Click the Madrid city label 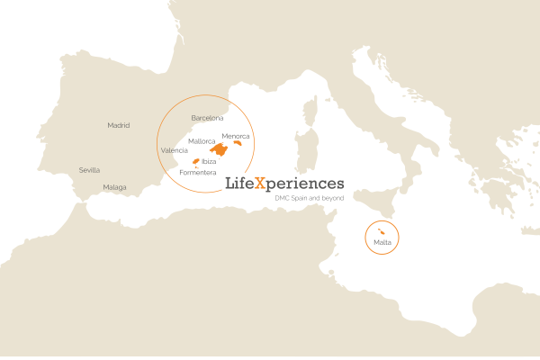click(119, 125)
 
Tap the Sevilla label click(89, 170)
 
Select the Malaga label click(114, 187)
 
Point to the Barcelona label click(208, 118)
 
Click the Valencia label click(174, 150)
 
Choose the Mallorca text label click(202, 141)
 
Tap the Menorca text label click(236, 136)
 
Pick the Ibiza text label click(209, 161)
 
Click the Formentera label click(198, 172)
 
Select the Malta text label click(382, 242)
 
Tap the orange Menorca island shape click(239, 143)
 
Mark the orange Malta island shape click(372, 233)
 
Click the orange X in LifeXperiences click(260, 184)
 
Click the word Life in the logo click(238, 184)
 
